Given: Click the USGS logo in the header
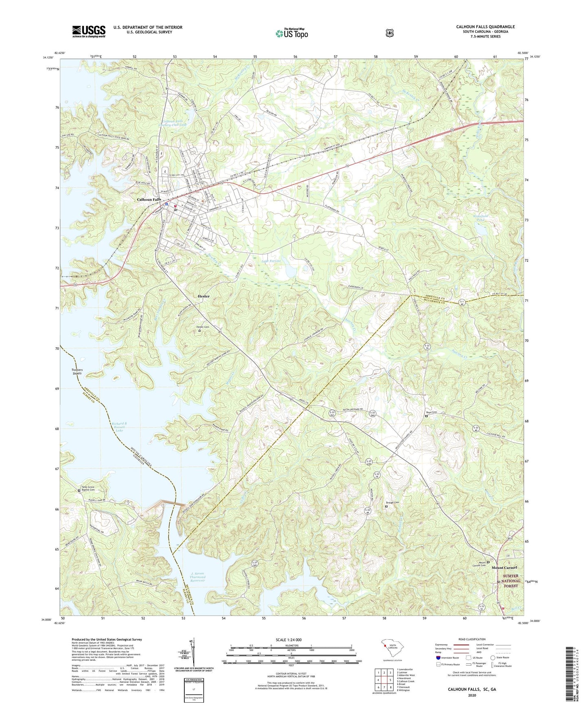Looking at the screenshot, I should pyautogui.click(x=89, y=31).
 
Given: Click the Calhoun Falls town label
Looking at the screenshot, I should pyautogui.click(x=149, y=199).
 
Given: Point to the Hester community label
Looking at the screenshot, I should pyautogui.click(x=203, y=296).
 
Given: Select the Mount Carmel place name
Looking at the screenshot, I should pyautogui.click(x=504, y=568).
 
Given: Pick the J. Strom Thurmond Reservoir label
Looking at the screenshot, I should pyautogui.click(x=198, y=577).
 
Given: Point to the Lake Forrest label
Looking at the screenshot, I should pyautogui.click(x=271, y=261).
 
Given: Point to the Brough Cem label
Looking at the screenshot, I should pyautogui.click(x=393, y=503).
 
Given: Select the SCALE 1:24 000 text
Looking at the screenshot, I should pyautogui.click(x=289, y=640).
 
